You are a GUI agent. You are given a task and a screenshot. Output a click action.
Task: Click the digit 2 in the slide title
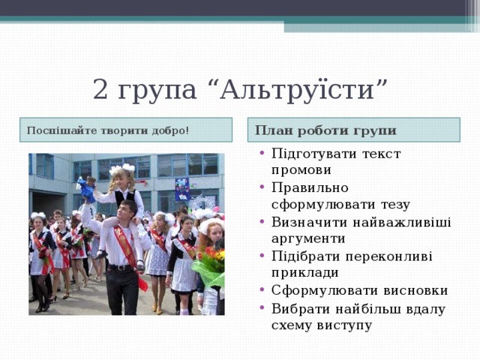[101, 91]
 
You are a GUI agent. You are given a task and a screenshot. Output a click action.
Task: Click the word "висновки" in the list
[413, 290]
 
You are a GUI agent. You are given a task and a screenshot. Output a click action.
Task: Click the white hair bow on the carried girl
[120, 169]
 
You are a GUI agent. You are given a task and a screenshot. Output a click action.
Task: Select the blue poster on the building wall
[183, 189]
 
